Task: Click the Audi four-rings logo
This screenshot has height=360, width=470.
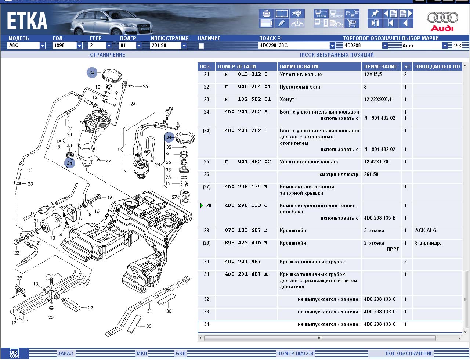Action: [x=442, y=18]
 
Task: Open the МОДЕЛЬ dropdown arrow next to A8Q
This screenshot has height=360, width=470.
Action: [x=42, y=46]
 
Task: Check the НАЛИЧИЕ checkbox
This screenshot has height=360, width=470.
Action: [x=201, y=46]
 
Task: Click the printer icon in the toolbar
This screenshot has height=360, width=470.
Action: [x=266, y=14]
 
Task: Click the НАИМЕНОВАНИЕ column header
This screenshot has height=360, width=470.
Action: [x=300, y=66]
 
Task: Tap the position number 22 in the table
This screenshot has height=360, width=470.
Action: [x=206, y=87]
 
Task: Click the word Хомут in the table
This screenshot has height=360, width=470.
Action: [x=287, y=100]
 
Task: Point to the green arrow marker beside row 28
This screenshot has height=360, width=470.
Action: [x=202, y=206]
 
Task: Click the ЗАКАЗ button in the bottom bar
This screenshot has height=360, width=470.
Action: [x=65, y=353]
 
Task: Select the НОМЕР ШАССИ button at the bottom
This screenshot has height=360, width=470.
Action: [x=295, y=353]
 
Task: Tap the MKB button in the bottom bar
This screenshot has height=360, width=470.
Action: [x=142, y=353]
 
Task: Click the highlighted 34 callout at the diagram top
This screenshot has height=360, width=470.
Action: [x=92, y=73]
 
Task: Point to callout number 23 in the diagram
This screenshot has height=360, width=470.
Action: [x=30, y=184]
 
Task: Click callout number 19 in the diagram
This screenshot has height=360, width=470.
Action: [x=90, y=308]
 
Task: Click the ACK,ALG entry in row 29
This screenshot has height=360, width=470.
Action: [x=425, y=231]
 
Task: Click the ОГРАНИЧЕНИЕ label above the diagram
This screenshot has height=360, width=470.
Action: [x=108, y=55]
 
